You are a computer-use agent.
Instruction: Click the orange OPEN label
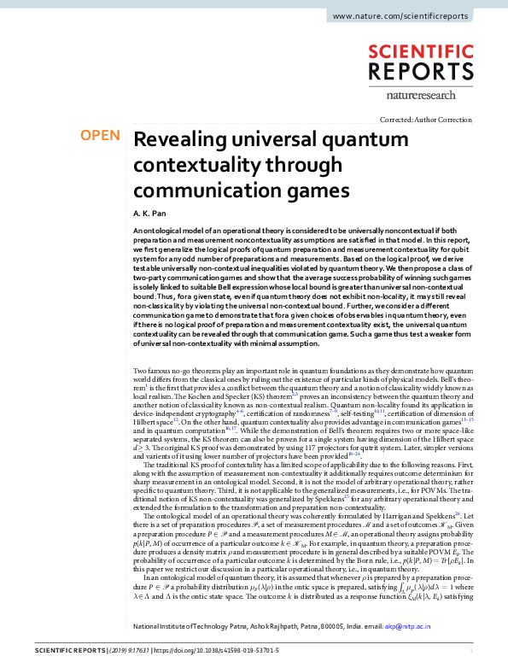99,136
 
